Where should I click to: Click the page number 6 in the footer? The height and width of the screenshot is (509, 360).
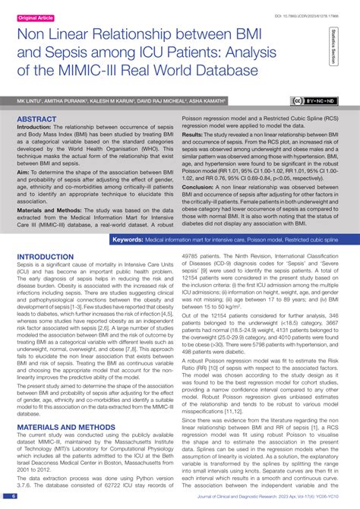click(x=14, y=496)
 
